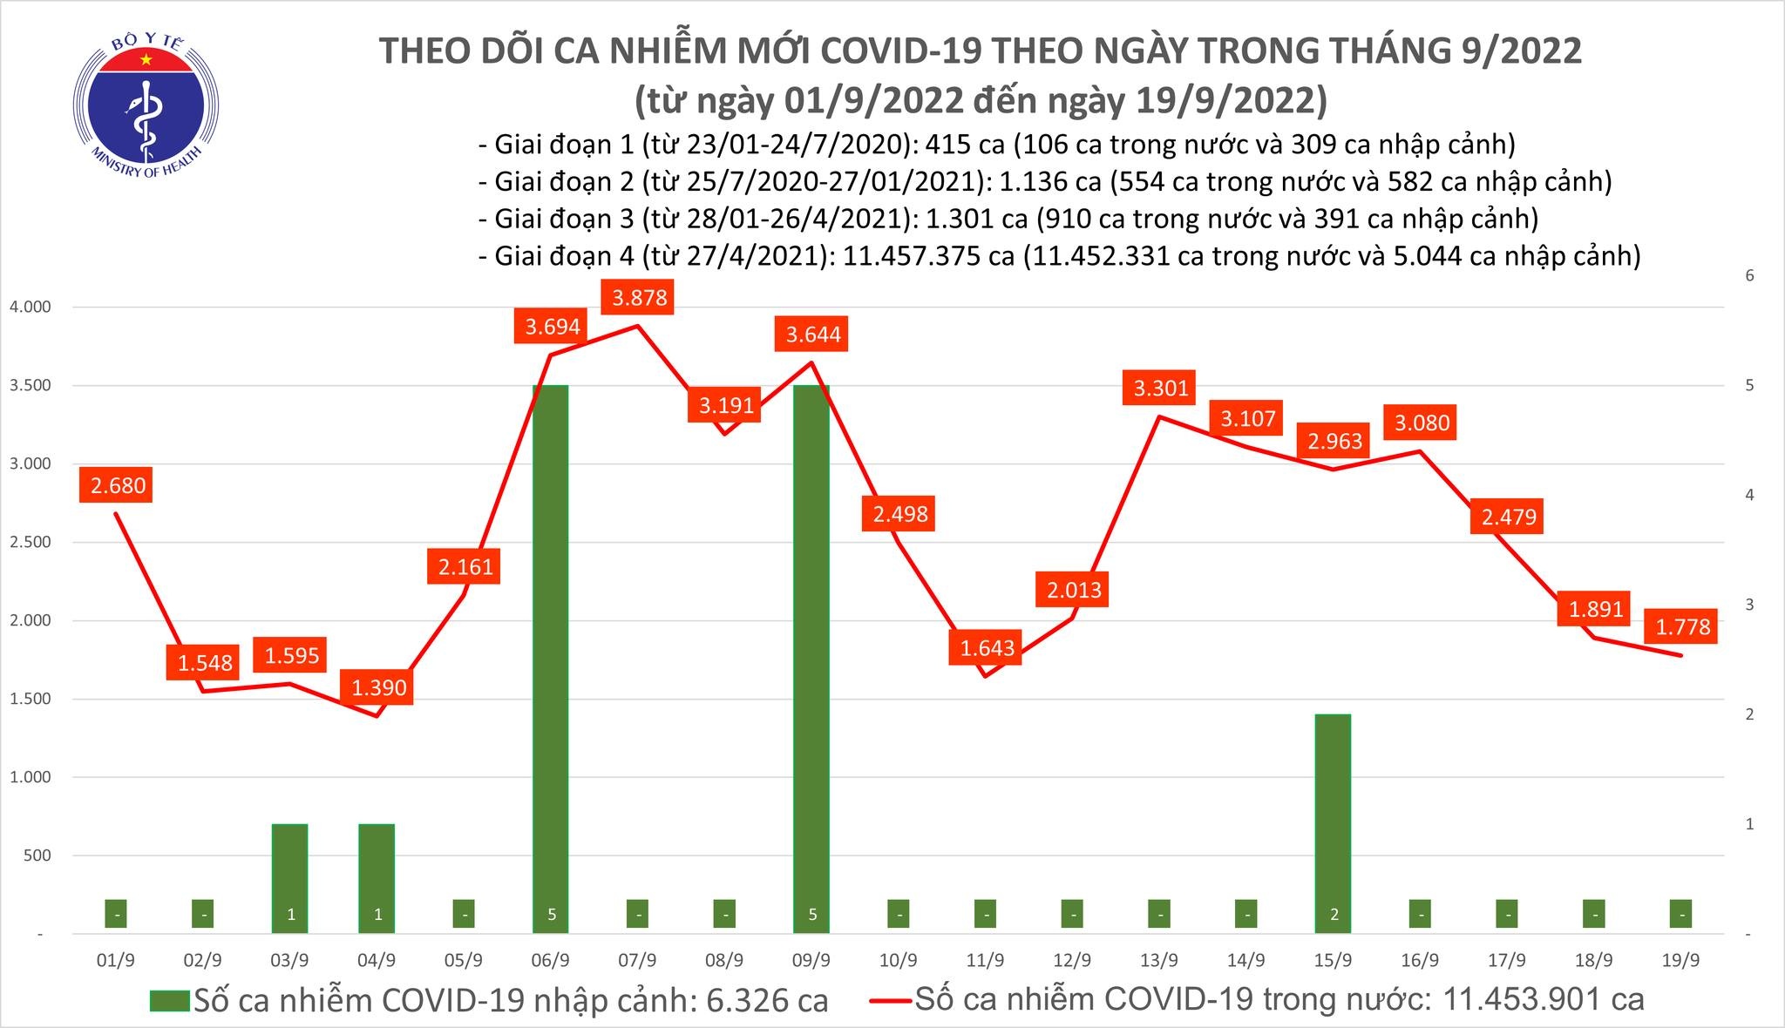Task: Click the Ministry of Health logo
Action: click(146, 109)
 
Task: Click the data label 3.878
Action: click(639, 298)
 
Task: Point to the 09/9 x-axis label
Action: click(811, 960)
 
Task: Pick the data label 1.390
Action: click(378, 687)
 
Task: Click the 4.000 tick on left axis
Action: click(30, 308)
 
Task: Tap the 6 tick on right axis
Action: click(1748, 276)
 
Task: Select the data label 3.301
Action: click(1160, 388)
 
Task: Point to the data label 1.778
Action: click(1681, 626)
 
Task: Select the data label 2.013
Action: click(1073, 590)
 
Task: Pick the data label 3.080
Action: click(1421, 423)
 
